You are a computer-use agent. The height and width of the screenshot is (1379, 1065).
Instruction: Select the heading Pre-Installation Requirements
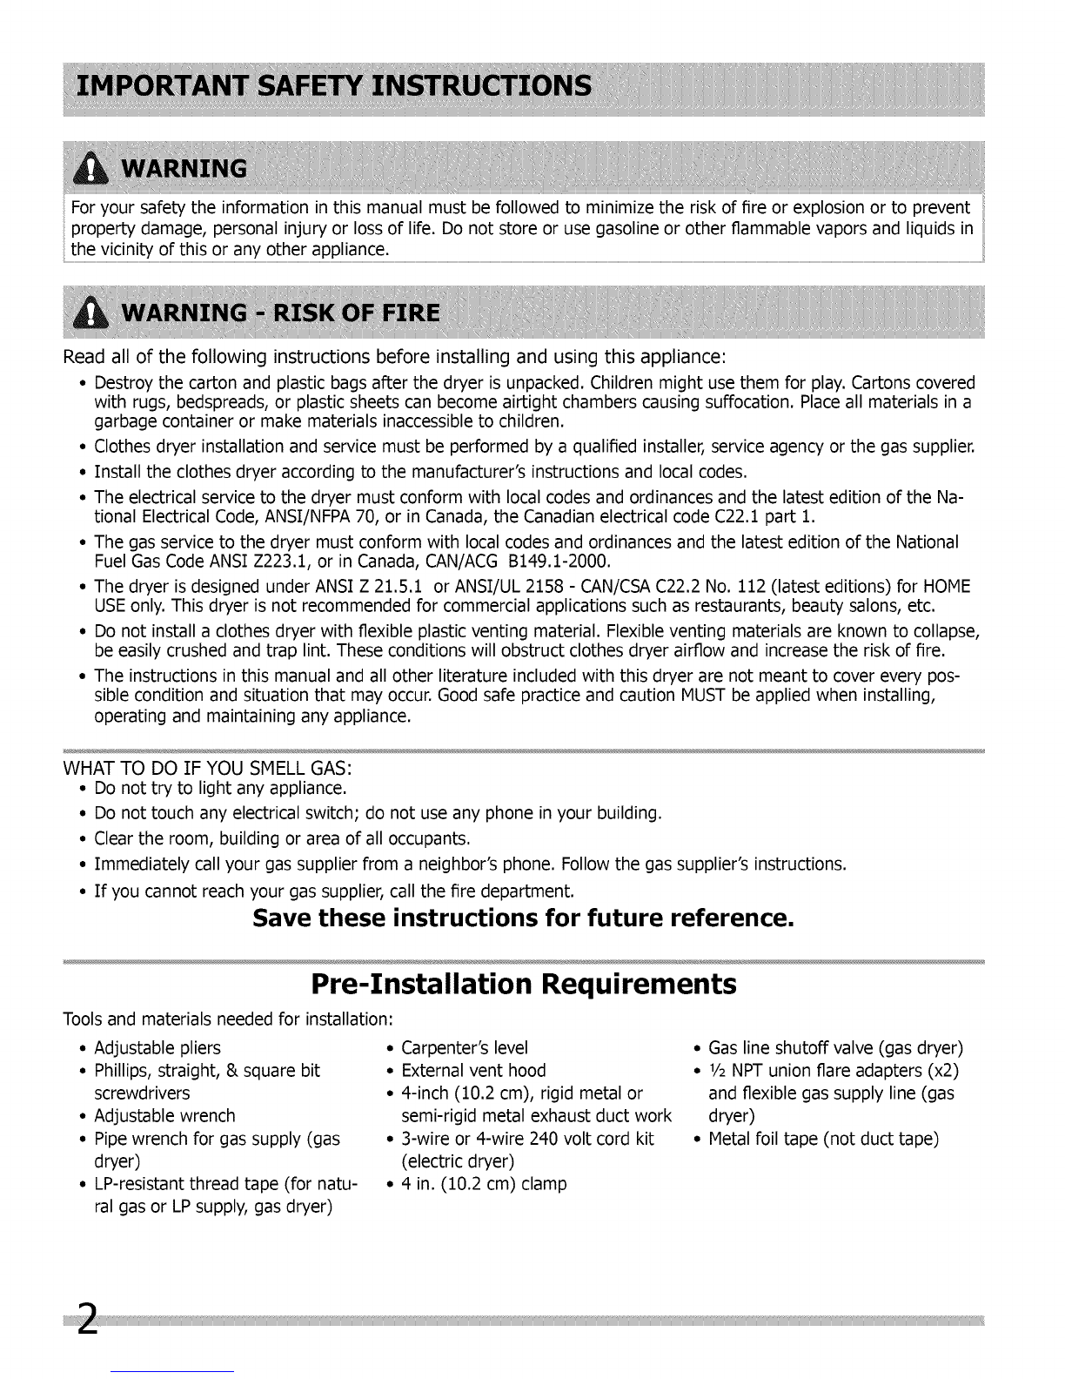(x=523, y=985)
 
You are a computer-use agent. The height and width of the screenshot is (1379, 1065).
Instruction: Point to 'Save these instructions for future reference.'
(x=523, y=918)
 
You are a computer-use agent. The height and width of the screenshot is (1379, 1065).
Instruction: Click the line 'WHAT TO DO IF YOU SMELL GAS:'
(x=208, y=769)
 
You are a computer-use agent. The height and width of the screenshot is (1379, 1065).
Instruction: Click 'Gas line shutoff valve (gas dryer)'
(x=835, y=1047)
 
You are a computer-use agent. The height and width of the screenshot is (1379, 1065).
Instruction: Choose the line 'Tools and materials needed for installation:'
(x=230, y=1019)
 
